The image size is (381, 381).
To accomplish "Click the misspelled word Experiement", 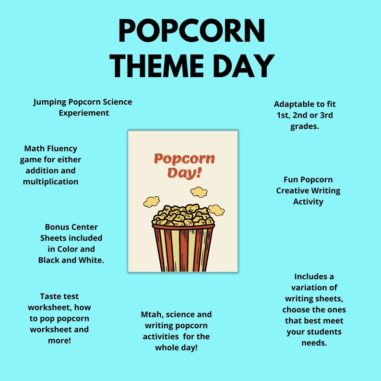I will [x=84, y=113].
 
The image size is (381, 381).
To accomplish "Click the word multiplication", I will [x=50, y=182].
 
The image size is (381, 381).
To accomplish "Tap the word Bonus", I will [x=57, y=227].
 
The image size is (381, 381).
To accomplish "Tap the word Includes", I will [x=314, y=277].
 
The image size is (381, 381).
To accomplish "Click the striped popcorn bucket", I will [x=183, y=247].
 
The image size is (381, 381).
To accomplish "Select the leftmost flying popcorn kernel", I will [x=152, y=202].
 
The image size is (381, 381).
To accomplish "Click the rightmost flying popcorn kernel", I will [x=217, y=209].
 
